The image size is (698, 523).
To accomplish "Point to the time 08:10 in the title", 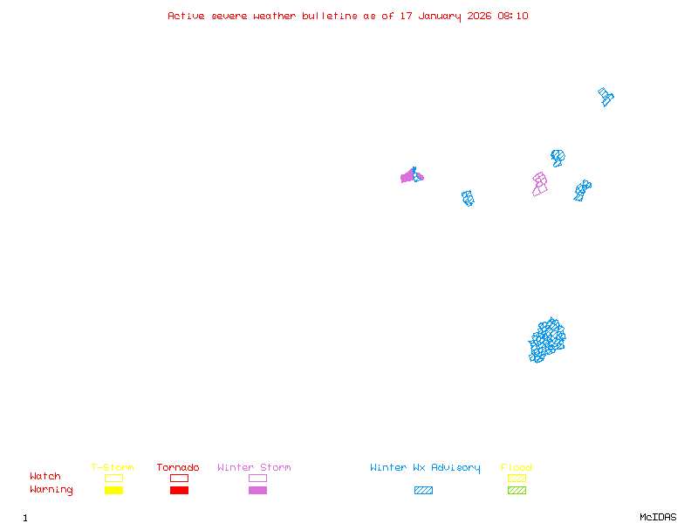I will tap(513, 16).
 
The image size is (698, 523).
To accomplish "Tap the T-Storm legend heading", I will tap(113, 468).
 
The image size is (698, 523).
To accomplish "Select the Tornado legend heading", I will tap(178, 468).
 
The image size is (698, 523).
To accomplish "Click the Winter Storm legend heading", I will tap(254, 468).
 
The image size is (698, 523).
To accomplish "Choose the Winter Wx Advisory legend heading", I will tap(425, 468).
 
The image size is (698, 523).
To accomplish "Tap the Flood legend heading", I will tap(517, 468).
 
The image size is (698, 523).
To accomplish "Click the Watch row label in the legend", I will tap(45, 477).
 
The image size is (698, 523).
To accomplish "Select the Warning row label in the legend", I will tap(51, 490).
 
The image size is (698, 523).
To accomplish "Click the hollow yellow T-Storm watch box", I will tap(113, 478).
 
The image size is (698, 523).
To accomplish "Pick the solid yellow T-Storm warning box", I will tap(113, 491).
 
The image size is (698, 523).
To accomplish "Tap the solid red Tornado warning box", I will tap(179, 491).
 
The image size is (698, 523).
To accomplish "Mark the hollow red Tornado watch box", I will tap(179, 478).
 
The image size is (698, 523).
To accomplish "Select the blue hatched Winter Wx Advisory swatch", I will tap(423, 491).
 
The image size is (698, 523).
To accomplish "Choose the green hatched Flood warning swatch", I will tap(517, 491).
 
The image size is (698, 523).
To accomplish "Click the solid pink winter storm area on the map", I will tap(409, 177).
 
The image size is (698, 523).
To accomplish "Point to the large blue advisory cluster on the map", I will tap(547, 340).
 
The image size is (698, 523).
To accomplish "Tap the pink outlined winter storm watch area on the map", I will tap(540, 184).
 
